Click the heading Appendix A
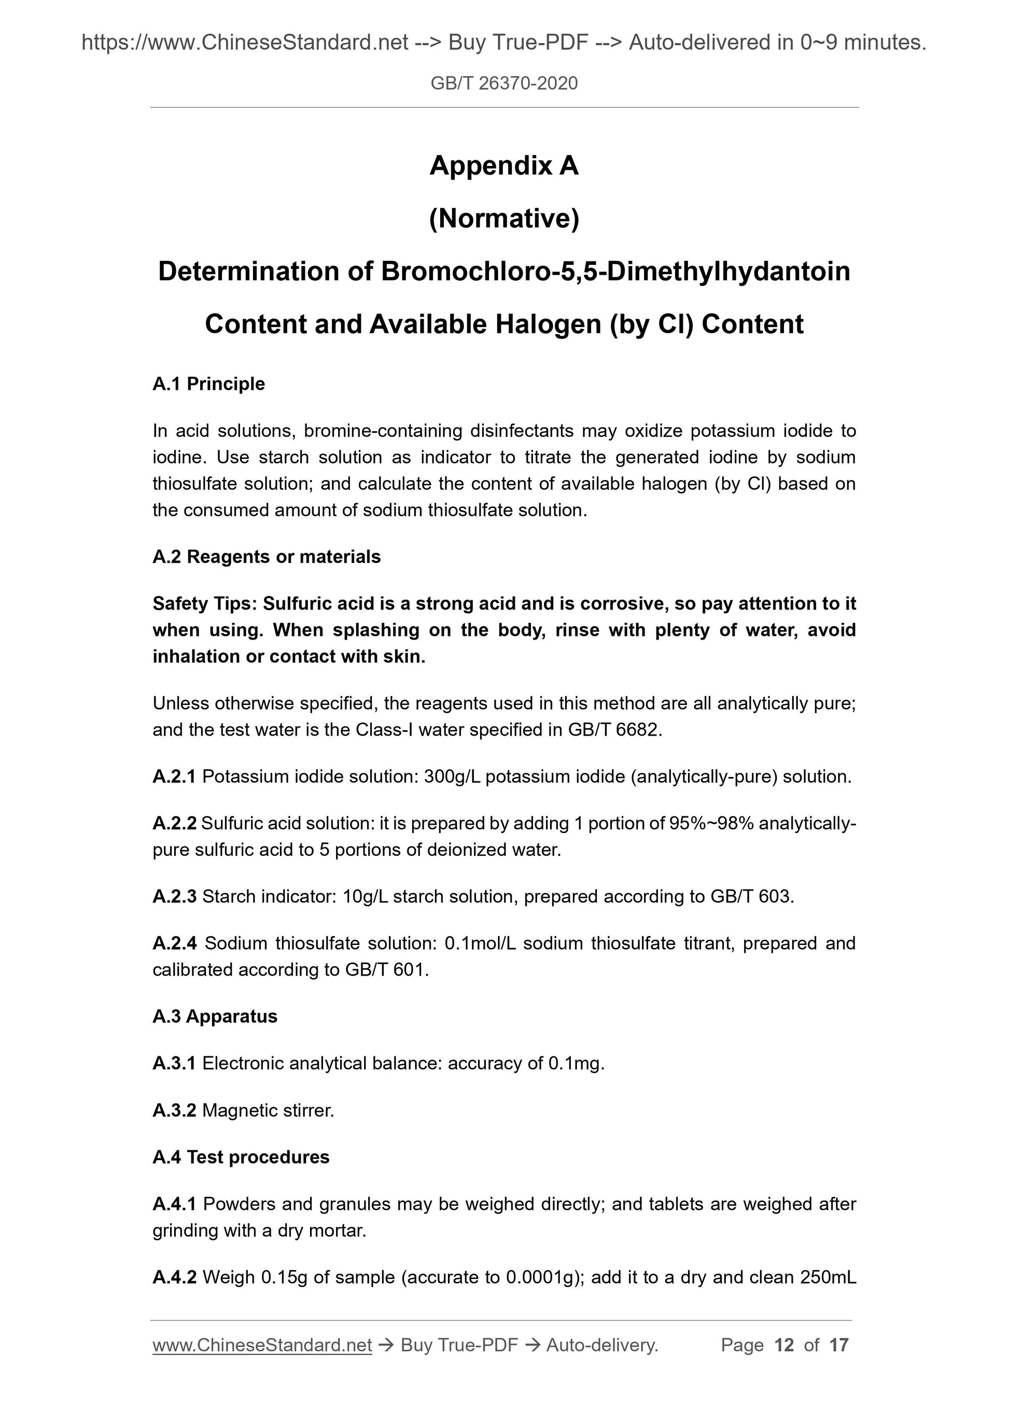click(x=503, y=165)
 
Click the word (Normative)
click(x=503, y=218)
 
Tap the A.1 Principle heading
click(x=208, y=384)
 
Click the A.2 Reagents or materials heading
click(x=266, y=556)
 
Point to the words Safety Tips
click(x=204, y=603)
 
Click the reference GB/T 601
click(x=385, y=970)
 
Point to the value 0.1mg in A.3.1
click(x=574, y=1064)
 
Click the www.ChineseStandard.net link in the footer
click(x=262, y=1345)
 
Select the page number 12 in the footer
click(x=784, y=1345)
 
